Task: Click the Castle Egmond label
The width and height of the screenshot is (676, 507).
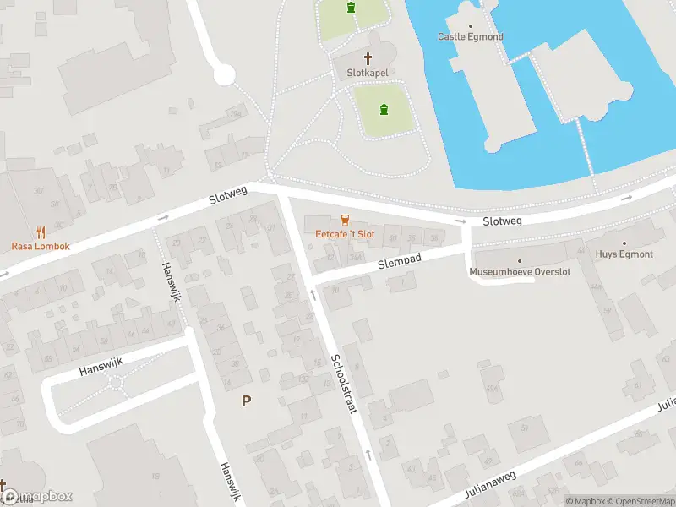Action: pos(471,36)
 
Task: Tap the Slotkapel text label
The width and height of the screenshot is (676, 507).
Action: pos(368,73)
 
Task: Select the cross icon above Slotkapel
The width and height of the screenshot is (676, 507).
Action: pos(368,58)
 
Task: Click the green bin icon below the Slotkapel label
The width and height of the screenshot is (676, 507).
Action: pos(384,109)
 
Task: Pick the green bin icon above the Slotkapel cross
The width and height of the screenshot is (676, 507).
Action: pos(351,8)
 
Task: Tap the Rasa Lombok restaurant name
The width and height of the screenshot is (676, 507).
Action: pos(41,246)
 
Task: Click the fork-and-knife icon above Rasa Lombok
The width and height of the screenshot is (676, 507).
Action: pos(41,232)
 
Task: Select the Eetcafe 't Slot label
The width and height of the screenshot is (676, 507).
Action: pos(345,233)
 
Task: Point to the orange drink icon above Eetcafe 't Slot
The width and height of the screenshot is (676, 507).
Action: pos(345,220)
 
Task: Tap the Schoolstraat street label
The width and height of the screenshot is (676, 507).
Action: pos(346,382)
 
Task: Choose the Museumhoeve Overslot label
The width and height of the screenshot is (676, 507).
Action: pos(520,272)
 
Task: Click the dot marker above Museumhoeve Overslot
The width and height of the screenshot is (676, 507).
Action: pos(520,261)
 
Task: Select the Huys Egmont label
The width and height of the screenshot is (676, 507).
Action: pos(624,253)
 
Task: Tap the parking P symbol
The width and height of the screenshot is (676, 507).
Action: pos(246,401)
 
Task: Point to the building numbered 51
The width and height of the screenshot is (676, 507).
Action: pos(524,426)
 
